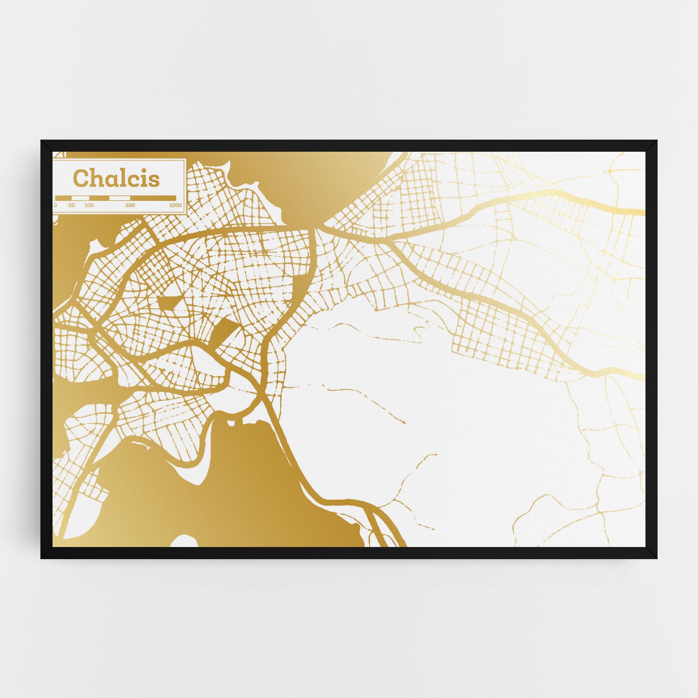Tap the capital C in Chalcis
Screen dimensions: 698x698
(x=82, y=178)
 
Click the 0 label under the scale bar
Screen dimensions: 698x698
(x=55, y=205)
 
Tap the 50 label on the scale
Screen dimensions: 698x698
(x=71, y=205)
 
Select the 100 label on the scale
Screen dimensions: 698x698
(x=89, y=205)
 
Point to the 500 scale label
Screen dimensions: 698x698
(x=130, y=205)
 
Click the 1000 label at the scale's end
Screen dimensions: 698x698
(x=176, y=205)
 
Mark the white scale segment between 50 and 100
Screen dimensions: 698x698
(x=80, y=198)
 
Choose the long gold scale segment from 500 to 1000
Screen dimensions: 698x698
(x=153, y=198)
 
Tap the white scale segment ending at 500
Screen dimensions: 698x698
(x=120, y=198)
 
